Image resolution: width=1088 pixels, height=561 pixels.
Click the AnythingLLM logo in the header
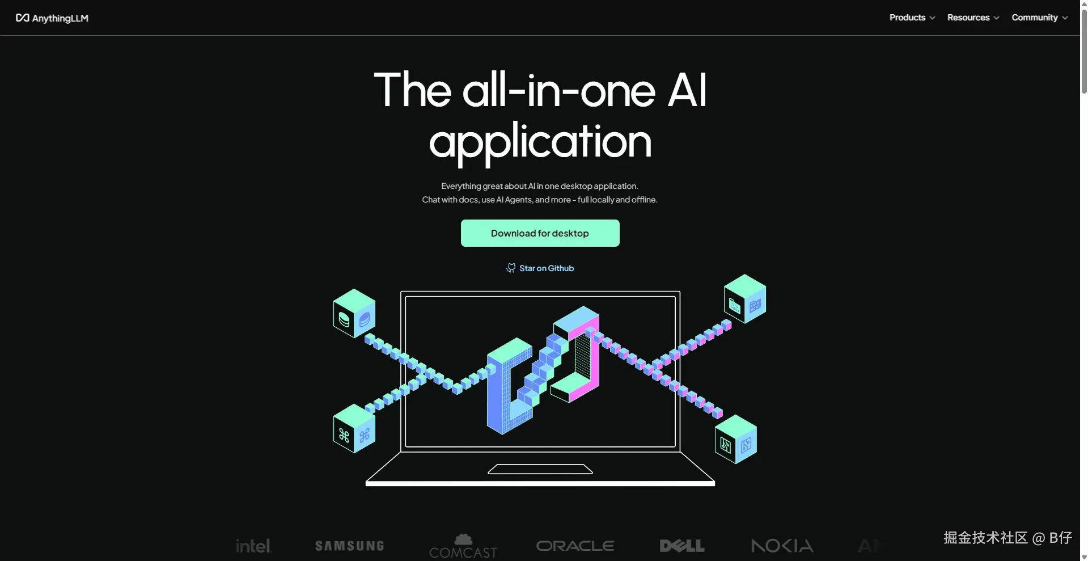[x=52, y=18]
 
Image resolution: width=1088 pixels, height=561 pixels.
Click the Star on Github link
[x=546, y=268]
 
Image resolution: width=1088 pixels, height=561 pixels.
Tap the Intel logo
[x=253, y=546]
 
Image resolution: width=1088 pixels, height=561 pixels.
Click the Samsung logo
[x=349, y=546]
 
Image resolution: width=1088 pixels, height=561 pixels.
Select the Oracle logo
[x=575, y=546]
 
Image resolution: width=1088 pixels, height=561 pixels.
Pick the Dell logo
[x=682, y=546]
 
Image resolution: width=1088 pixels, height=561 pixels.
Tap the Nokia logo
[x=782, y=546]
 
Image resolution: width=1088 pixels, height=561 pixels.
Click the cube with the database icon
[x=354, y=313]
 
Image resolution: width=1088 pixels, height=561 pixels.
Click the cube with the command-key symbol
[x=354, y=428]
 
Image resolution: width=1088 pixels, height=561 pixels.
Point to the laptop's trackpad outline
[x=540, y=469]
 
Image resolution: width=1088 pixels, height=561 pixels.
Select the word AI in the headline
[x=687, y=91]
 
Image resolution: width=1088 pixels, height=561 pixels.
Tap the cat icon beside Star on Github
[x=511, y=268]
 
